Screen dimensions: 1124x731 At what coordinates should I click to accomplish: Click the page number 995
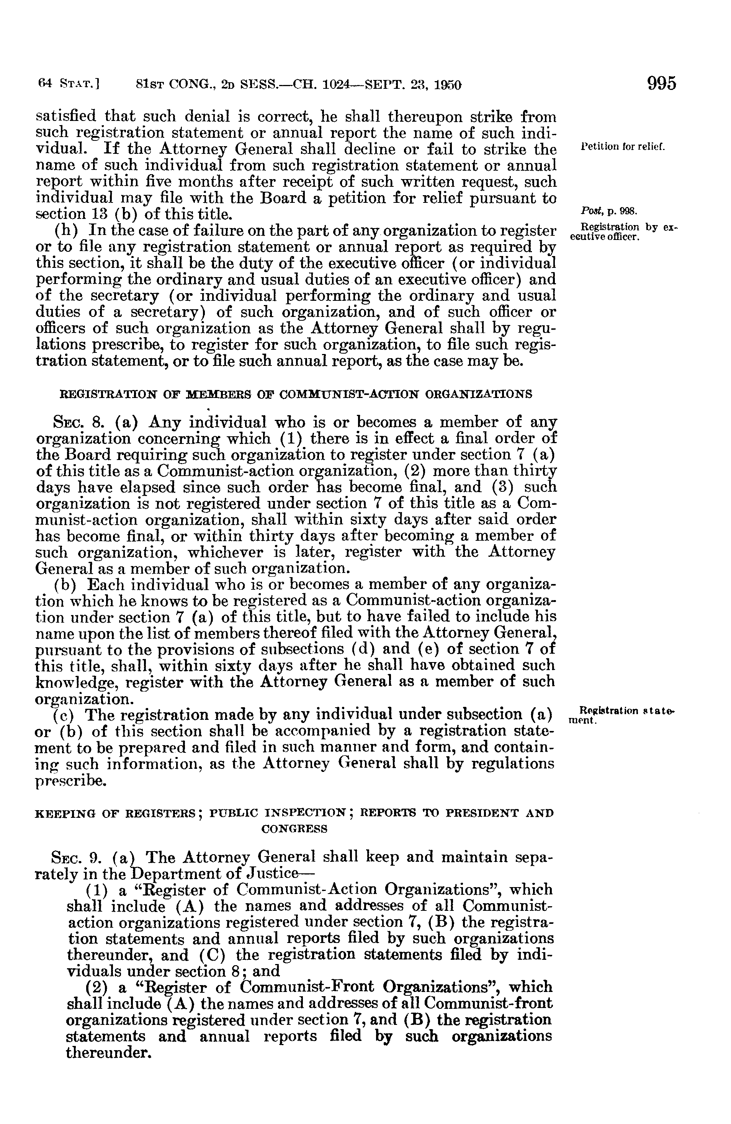click(x=662, y=83)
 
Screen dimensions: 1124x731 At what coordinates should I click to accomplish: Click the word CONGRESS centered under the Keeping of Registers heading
click(x=294, y=829)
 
